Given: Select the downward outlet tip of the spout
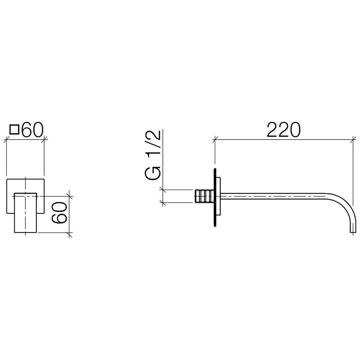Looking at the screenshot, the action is pos(352,231).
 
